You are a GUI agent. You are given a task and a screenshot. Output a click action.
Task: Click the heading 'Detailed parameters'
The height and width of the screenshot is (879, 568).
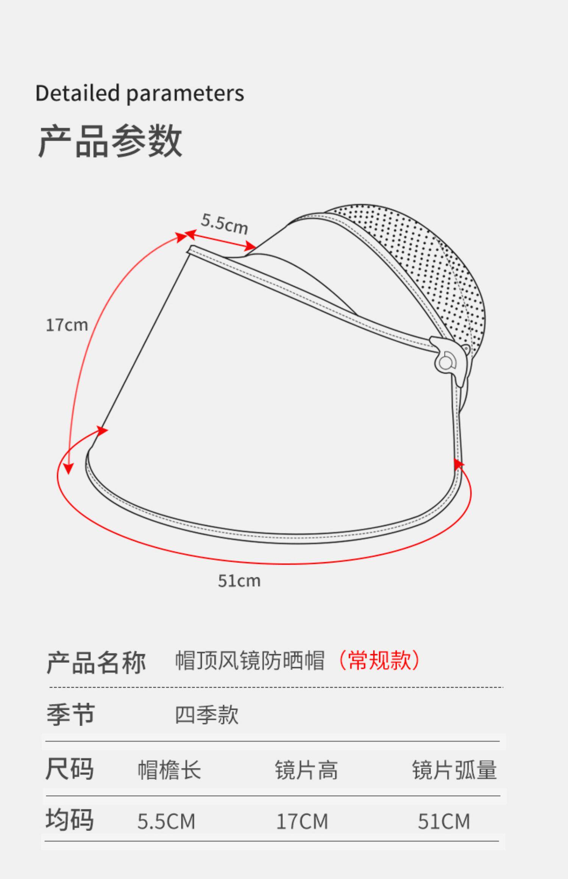(139, 94)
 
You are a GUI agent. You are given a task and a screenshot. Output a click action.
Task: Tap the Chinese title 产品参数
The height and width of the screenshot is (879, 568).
(110, 141)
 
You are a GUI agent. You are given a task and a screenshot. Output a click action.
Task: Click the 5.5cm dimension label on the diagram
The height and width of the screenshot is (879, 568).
(224, 224)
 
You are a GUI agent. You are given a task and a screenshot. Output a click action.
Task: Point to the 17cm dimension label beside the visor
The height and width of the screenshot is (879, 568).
(67, 325)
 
